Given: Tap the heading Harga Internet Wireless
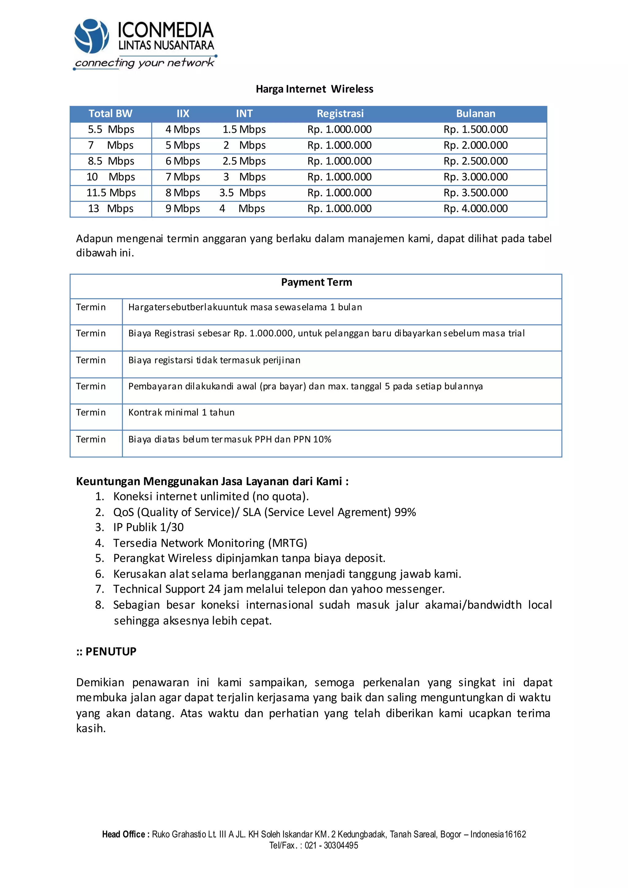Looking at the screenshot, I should tap(314, 89).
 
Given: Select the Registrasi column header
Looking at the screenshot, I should tap(340, 114).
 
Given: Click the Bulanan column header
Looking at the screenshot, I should tap(475, 114).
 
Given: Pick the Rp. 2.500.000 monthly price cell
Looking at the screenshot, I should tap(475, 161).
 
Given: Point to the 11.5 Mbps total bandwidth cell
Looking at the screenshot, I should tap(111, 193).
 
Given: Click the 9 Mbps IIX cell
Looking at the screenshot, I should tap(182, 209).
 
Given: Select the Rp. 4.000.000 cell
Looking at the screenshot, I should tap(475, 209).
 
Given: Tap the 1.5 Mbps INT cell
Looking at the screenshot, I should tap(244, 130).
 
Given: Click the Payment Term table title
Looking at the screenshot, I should tap(316, 282).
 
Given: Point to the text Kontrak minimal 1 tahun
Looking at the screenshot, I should tap(181, 412).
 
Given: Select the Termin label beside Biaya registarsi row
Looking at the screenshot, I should tap(91, 360).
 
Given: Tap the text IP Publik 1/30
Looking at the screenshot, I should tap(148, 527).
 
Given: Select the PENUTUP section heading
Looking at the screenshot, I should tap(111, 652).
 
